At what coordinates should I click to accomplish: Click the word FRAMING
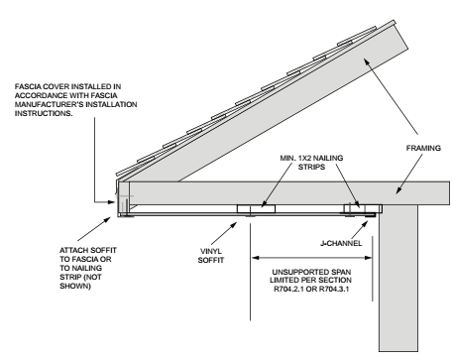[x=423, y=148]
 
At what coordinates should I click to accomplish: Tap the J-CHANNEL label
[x=341, y=244]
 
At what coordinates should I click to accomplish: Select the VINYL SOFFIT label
[x=211, y=256]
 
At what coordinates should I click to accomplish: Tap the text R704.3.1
[x=334, y=289]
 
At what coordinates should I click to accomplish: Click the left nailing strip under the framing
[x=256, y=209]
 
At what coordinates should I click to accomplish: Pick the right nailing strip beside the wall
[x=363, y=209]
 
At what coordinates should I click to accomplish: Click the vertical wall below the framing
[x=398, y=278]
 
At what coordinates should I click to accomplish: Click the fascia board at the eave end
[x=124, y=197]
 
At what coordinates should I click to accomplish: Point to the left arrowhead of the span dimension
[x=256, y=258]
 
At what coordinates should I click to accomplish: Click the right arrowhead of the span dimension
[x=369, y=258]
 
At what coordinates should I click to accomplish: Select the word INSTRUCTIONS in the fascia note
[x=44, y=113]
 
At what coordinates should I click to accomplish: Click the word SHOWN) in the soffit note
[x=75, y=286]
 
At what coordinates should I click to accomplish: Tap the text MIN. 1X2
[x=295, y=158]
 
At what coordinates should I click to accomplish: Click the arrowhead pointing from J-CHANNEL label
[x=365, y=224]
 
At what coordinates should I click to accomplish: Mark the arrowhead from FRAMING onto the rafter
[x=367, y=61]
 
